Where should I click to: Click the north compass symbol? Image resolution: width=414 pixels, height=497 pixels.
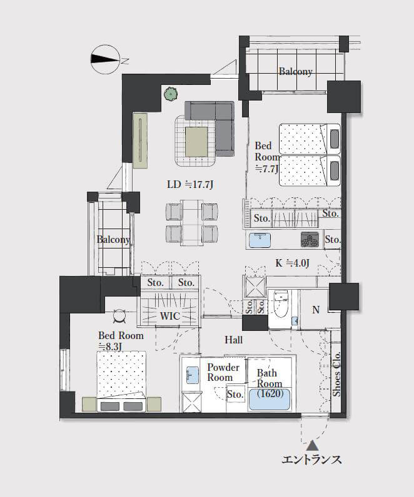(106, 59)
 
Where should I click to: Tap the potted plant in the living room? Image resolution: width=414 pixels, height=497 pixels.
(171, 94)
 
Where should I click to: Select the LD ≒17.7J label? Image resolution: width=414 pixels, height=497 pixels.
(190, 184)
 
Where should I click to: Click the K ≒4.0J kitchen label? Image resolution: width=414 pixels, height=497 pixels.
(292, 263)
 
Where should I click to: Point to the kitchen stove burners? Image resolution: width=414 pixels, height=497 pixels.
(310, 239)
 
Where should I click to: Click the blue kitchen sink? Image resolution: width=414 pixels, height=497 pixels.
(260, 240)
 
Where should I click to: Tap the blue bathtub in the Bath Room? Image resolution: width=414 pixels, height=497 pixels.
(270, 399)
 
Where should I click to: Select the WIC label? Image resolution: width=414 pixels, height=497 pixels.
(170, 316)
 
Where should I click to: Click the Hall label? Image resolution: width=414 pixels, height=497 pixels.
(234, 340)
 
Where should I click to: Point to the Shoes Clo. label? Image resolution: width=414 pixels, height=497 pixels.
(336, 374)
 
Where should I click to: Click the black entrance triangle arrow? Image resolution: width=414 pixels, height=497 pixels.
(313, 445)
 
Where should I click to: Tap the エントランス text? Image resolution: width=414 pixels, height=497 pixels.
(311, 460)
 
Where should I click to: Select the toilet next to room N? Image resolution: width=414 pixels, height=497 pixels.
(281, 303)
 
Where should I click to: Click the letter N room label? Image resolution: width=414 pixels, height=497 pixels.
(316, 309)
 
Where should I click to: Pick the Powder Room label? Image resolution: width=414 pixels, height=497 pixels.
(223, 372)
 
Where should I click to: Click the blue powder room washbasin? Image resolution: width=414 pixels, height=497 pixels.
(192, 375)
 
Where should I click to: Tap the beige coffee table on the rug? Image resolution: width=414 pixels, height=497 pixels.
(197, 142)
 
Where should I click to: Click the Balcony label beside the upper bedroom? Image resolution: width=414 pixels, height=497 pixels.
(296, 72)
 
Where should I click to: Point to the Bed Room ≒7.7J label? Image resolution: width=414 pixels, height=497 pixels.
(267, 157)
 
